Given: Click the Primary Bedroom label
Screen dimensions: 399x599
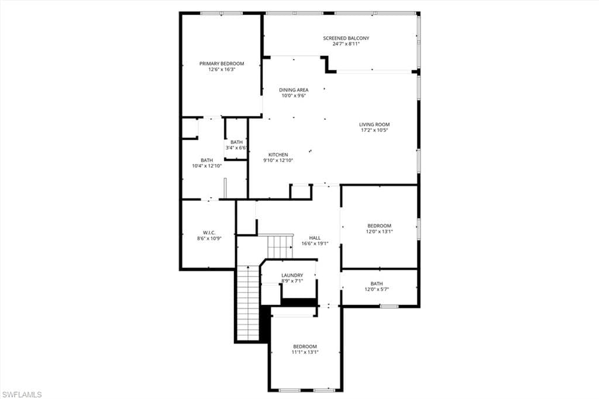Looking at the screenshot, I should click(x=222, y=63).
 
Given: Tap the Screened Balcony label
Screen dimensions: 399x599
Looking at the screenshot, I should click(x=346, y=38).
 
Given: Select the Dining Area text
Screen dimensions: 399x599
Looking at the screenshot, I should click(x=294, y=90).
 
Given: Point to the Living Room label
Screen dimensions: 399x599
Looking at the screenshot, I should click(x=374, y=124).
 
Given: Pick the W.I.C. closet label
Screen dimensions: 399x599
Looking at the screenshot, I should click(x=209, y=232).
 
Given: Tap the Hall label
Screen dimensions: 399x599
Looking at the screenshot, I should click(x=315, y=238).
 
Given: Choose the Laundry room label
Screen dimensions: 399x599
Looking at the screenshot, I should click(x=292, y=275).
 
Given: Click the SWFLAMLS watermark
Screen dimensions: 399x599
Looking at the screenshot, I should click(x=22, y=394).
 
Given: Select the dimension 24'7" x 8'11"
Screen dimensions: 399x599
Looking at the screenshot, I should click(x=346, y=44).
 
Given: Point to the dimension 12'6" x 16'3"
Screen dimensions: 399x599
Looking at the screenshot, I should click(x=222, y=69).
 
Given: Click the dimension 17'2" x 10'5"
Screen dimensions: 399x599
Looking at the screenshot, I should click(x=374, y=130).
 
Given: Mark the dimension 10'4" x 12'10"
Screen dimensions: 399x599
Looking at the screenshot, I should click(x=206, y=166).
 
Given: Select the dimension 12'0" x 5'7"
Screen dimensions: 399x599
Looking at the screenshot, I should click(x=377, y=289).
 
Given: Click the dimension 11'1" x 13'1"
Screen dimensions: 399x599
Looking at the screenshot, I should click(x=305, y=352).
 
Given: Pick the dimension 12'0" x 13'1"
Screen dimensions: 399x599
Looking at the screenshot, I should click(x=379, y=231).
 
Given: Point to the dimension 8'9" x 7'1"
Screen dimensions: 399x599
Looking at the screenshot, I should click(x=292, y=281).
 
